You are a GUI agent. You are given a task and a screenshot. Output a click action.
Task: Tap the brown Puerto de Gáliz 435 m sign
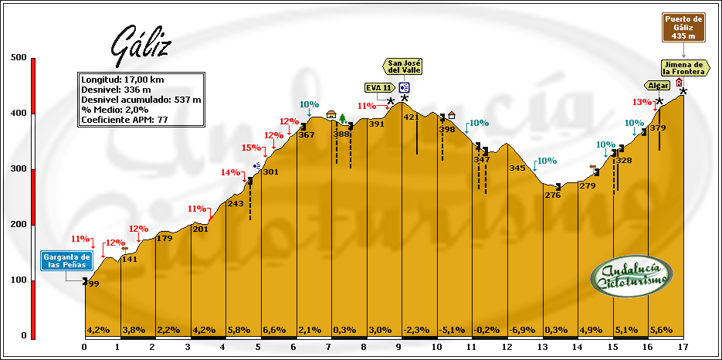tap(683, 27)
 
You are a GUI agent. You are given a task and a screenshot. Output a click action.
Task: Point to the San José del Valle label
tap(405, 67)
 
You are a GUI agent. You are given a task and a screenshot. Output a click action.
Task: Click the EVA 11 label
tap(378, 87)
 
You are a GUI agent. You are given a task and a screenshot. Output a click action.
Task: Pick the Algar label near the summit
tap(659, 85)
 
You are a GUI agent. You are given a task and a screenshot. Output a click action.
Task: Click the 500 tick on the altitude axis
tap(19, 57)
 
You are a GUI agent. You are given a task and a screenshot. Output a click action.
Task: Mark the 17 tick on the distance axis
tap(683, 347)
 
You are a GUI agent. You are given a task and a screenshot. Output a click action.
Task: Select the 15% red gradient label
tap(252, 148)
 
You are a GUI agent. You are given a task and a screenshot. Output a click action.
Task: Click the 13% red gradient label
tap(642, 102)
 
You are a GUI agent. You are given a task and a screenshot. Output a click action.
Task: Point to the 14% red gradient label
tap(231, 172)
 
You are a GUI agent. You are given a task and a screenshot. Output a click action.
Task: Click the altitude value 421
tap(411, 117)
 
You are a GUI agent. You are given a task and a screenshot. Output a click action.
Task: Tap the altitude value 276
tap(552, 195)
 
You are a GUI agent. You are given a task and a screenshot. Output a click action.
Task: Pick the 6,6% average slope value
tap(275, 330)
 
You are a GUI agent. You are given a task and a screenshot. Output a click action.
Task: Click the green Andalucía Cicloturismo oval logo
tap(632, 277)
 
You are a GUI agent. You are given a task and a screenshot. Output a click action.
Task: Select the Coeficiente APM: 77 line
tap(125, 120)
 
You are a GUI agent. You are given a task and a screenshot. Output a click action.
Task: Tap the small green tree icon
tap(342, 118)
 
